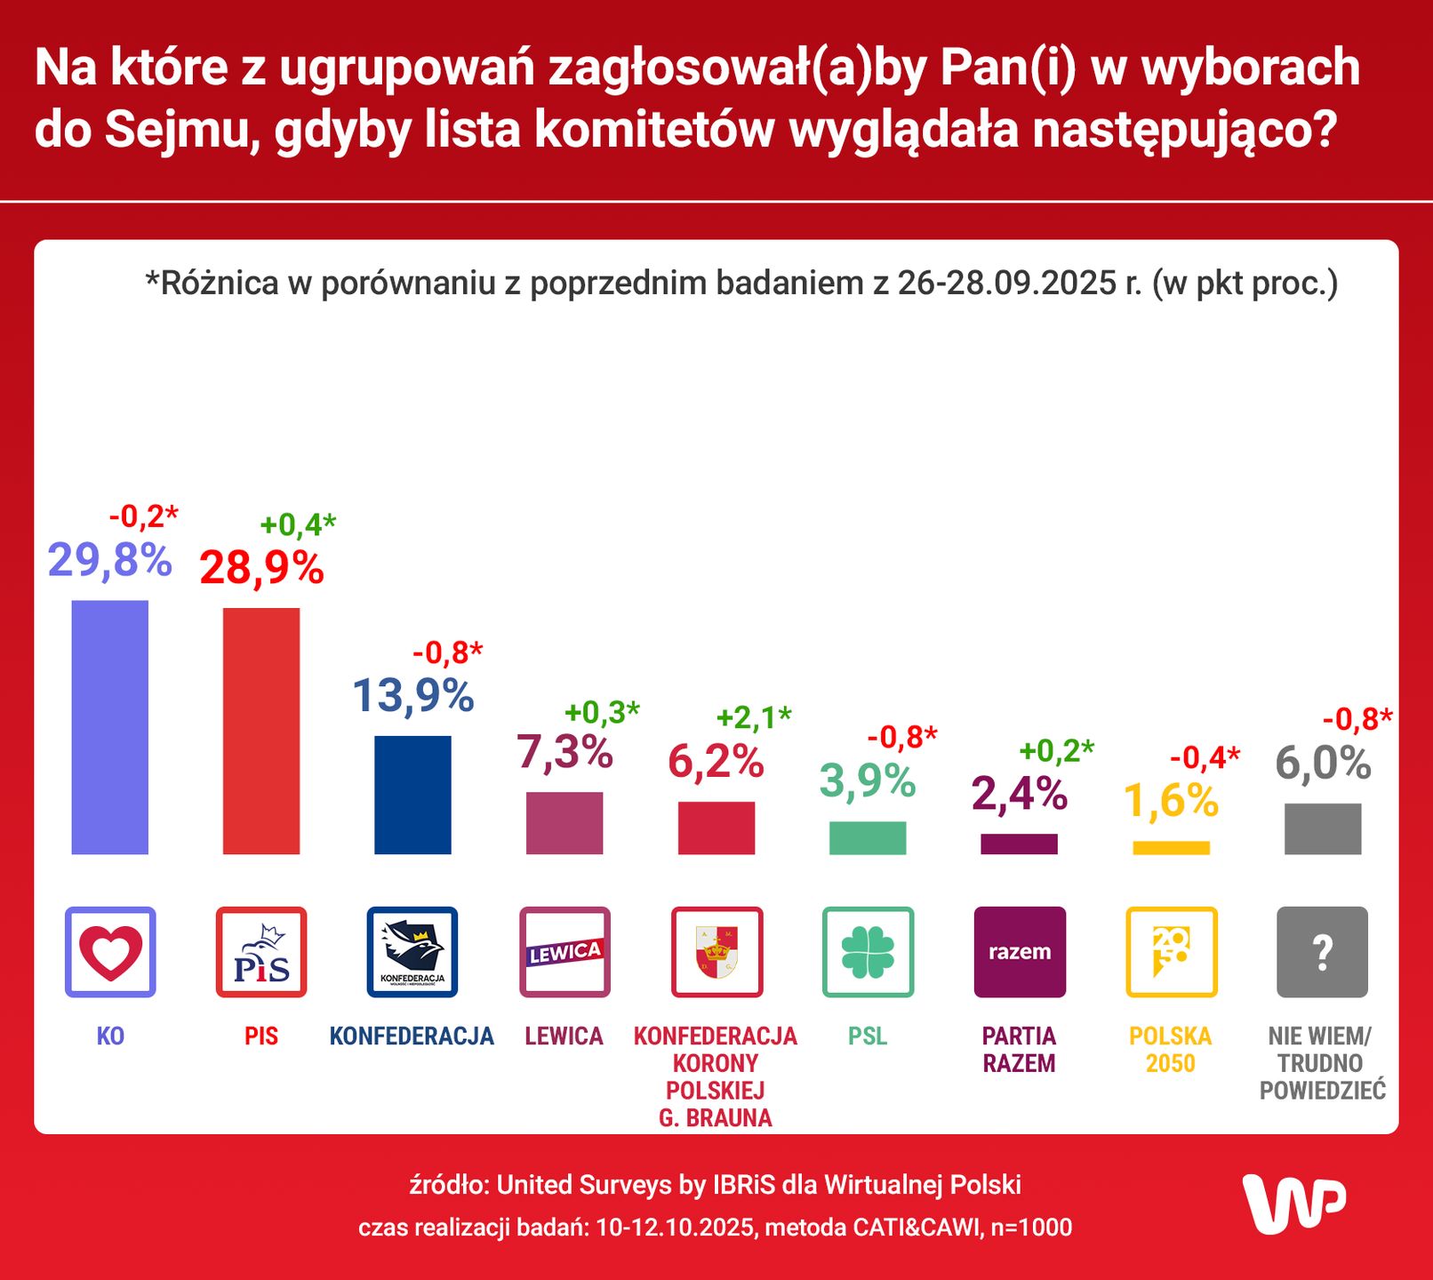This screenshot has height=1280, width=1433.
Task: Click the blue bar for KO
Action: click(x=110, y=727)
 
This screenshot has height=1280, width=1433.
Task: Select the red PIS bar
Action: click(x=261, y=731)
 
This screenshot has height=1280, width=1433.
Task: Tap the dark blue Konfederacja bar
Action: click(x=412, y=795)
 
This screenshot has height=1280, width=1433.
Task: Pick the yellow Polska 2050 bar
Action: click(x=1171, y=848)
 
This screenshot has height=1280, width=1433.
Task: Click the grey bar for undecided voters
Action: click(x=1323, y=828)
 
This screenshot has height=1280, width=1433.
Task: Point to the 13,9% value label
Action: click(x=413, y=695)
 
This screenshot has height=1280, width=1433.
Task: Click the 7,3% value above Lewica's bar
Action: click(x=564, y=752)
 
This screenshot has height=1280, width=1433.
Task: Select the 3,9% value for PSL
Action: click(x=868, y=781)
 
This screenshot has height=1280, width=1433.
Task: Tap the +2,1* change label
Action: click(x=754, y=717)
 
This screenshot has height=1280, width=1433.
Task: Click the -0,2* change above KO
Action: click(x=143, y=516)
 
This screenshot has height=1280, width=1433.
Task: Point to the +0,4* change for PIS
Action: click(x=298, y=524)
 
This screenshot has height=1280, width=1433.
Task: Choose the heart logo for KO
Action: click(x=110, y=951)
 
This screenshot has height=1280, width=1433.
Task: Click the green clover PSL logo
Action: click(x=868, y=951)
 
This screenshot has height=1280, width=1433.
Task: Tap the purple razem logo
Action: click(x=1020, y=951)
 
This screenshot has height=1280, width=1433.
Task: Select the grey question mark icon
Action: click(x=1323, y=951)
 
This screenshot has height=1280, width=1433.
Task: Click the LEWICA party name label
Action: click(x=564, y=1036)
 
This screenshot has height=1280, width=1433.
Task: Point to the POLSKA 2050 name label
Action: click(x=1171, y=1049)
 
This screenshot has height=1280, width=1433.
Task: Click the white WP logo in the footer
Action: click(x=1294, y=1204)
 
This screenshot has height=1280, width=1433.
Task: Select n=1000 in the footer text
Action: click(x=1031, y=1228)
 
